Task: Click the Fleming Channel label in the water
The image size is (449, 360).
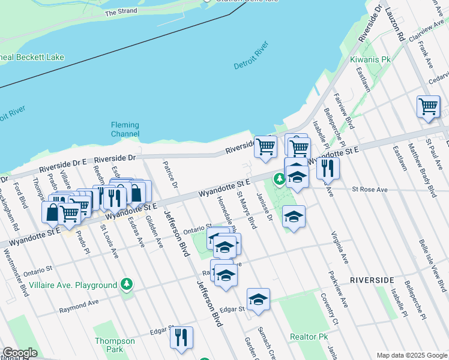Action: point(125,129)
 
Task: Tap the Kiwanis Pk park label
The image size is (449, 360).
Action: point(370,60)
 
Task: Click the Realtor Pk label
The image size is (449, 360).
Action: point(307,337)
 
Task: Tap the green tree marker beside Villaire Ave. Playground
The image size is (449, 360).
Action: point(126,284)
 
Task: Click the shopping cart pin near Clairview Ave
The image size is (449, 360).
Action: point(428,107)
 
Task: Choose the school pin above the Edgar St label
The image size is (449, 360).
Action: point(258,299)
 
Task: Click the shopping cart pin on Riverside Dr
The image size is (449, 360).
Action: point(265,146)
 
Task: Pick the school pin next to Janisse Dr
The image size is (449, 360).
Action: point(294,217)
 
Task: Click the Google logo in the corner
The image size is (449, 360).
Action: point(19,353)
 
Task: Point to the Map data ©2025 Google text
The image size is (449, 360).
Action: point(411,355)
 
